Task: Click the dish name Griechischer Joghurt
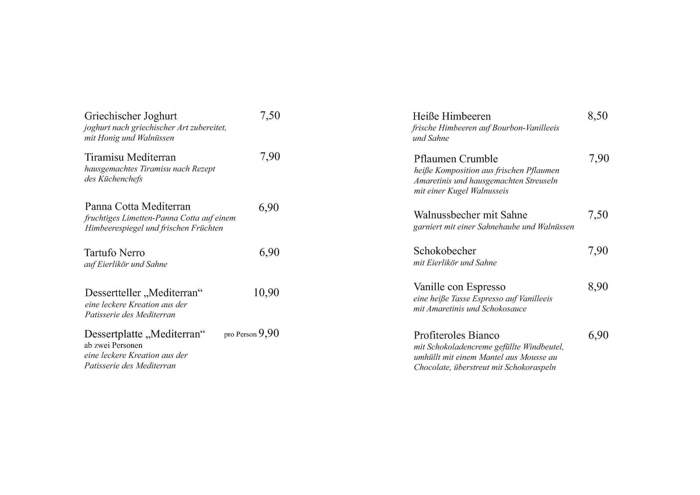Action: [130, 116]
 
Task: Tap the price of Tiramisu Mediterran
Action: [270, 157]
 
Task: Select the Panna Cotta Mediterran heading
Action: [137, 207]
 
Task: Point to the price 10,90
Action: [266, 293]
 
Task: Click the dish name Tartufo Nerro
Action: [114, 253]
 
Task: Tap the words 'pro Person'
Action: [240, 335]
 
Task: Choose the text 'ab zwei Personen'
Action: [113, 345]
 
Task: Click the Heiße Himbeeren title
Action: [451, 117]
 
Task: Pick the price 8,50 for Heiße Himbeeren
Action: [597, 116]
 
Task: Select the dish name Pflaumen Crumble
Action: [456, 159]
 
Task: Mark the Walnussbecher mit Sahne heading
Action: [470, 215]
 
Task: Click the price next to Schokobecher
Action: [598, 251]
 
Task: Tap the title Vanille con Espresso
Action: [459, 287]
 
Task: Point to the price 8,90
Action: [598, 287]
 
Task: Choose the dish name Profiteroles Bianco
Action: [456, 335]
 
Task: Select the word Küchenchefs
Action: [120, 179]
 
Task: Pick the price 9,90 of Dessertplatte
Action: [269, 333]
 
